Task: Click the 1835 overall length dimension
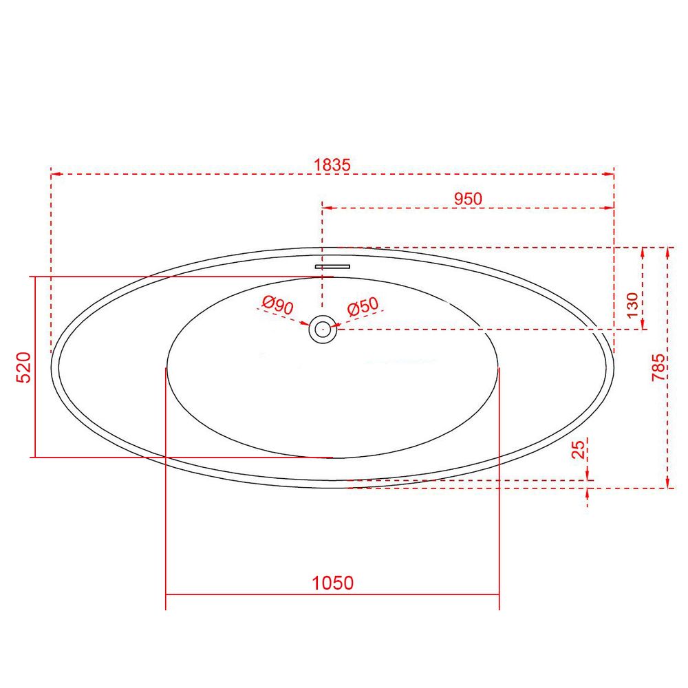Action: tap(332, 165)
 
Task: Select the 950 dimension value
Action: tap(468, 199)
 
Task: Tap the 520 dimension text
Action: tap(23, 367)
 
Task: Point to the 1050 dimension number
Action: tap(332, 583)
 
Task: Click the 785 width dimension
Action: tap(658, 367)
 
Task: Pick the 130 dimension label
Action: tap(632, 305)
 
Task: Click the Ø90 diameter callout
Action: tap(277, 305)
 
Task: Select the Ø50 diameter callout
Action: tap(363, 306)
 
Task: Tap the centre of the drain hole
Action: tap(323, 329)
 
